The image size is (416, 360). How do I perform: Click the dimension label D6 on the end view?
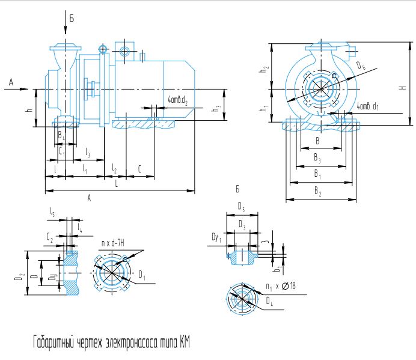360,66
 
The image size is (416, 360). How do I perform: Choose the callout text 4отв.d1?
367,106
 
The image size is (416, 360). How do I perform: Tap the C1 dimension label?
61,153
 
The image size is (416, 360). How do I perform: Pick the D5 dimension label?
240,208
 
